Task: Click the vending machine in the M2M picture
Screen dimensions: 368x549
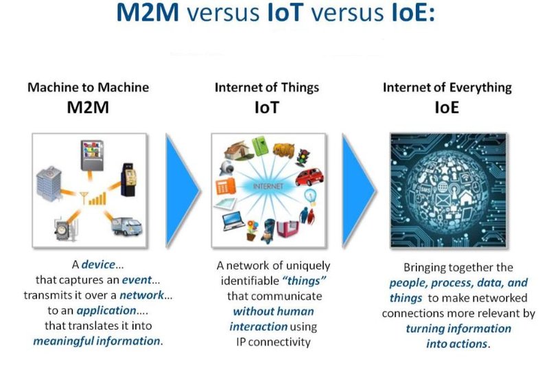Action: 91,155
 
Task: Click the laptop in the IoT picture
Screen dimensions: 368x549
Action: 234,222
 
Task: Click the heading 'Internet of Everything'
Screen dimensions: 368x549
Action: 447,87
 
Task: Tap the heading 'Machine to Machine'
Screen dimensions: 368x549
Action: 88,87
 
